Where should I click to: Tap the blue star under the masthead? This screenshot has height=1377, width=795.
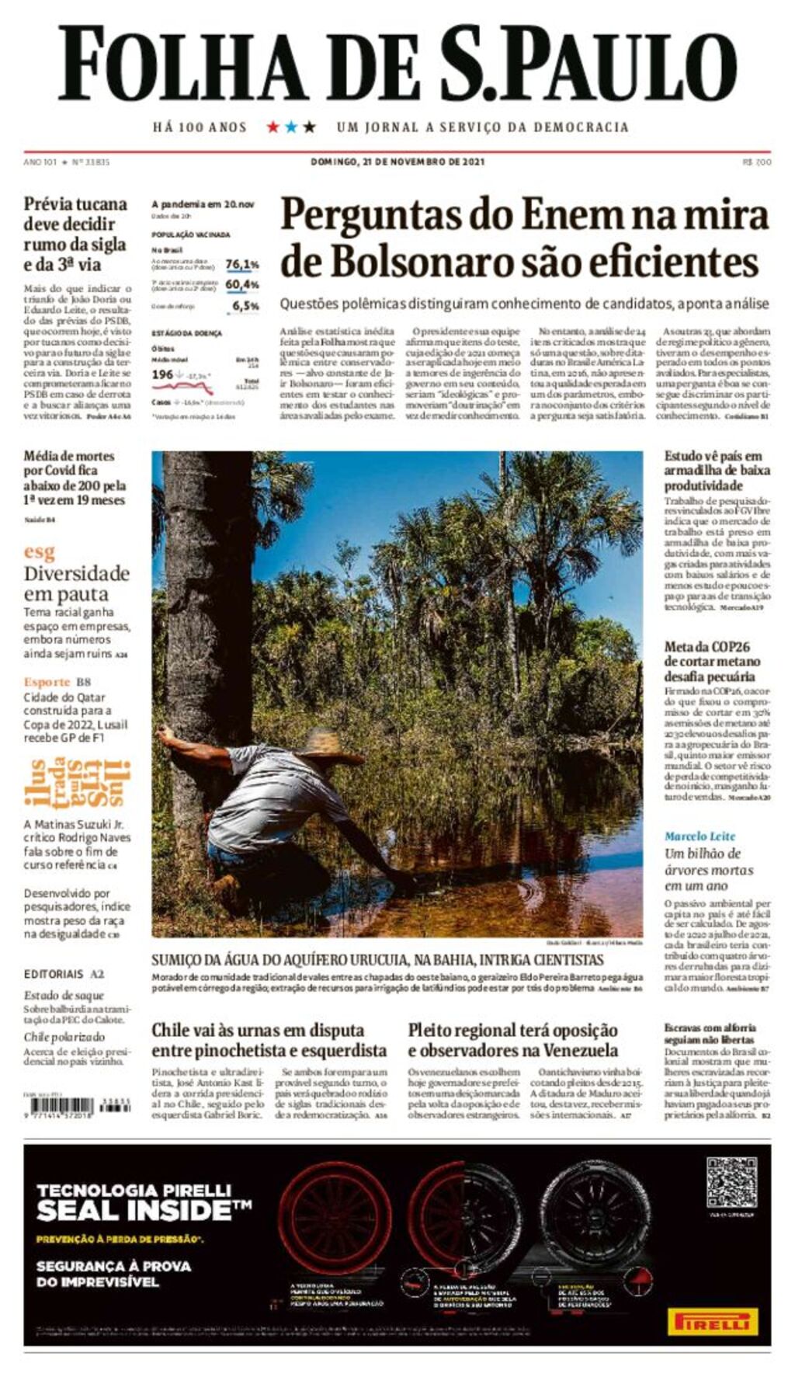tap(291, 127)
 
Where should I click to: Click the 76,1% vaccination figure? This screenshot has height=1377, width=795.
tap(242, 265)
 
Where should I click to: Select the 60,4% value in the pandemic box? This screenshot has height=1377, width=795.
tap(242, 285)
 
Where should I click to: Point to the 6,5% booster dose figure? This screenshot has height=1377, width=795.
tap(246, 306)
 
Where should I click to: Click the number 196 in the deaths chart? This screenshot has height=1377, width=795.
tap(162, 374)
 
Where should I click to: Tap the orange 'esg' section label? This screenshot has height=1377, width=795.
tap(39, 552)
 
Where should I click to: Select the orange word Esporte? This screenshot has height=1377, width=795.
tap(47, 682)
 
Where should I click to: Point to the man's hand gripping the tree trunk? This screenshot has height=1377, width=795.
tap(165, 732)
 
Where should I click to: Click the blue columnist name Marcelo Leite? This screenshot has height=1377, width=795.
tap(700, 836)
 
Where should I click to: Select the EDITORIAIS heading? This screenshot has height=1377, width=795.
tap(53, 974)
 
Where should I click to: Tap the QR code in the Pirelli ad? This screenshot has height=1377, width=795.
tap(731, 1182)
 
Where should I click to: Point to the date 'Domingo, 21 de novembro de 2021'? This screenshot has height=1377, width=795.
tap(397, 162)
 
